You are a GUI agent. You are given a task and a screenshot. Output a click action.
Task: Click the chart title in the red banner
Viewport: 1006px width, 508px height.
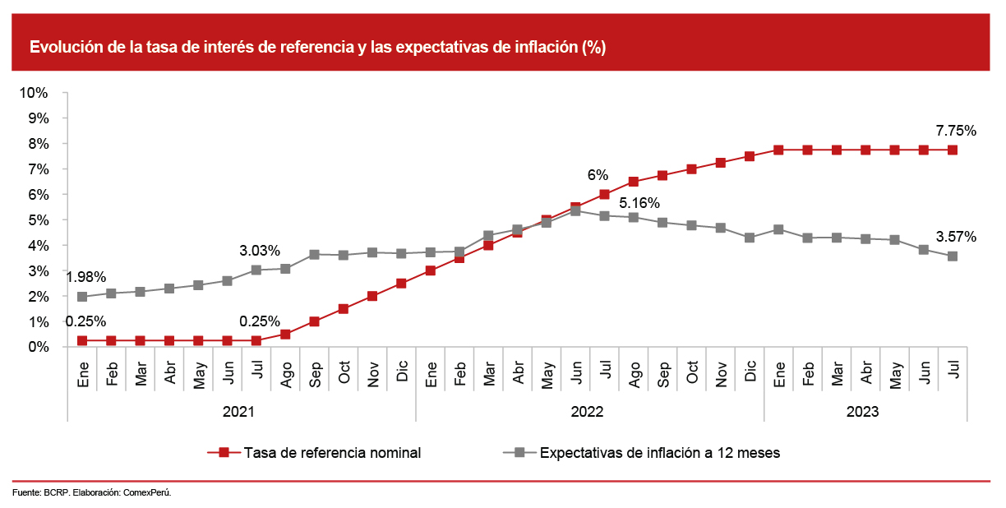coord(317,48)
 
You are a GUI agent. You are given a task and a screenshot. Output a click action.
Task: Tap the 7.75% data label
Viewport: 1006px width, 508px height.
coord(955,130)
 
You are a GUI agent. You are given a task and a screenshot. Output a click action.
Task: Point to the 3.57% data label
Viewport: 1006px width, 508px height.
coord(955,237)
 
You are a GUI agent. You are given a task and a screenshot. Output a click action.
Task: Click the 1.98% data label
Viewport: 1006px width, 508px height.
coord(85,276)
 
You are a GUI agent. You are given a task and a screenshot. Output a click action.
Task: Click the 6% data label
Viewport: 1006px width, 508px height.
coord(598,175)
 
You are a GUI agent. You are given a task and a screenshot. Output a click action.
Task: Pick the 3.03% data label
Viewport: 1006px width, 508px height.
coord(260,250)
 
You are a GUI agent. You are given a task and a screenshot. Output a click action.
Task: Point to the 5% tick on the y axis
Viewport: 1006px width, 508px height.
coord(37,220)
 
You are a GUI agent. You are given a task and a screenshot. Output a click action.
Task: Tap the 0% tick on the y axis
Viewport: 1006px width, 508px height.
coord(37,347)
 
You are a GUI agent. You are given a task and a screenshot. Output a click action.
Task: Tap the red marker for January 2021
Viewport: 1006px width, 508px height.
coord(82,340)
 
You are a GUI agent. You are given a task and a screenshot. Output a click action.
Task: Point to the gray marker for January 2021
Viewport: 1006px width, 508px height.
coord(82,297)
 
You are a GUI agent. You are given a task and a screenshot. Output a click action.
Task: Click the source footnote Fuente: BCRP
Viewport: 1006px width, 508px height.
coord(92,492)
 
